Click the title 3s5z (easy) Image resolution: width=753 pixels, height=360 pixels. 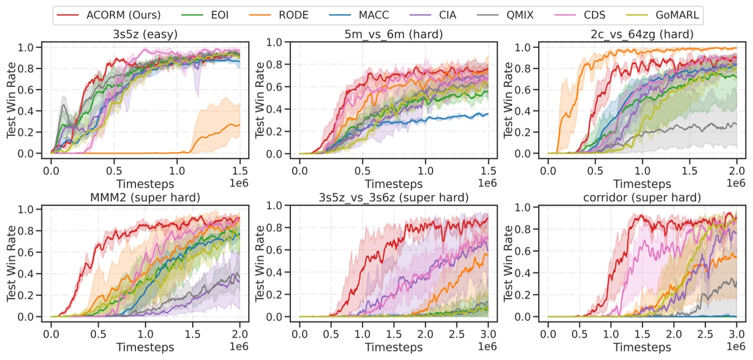pyautogui.click(x=145, y=34)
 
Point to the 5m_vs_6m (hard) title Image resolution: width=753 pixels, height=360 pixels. pyautogui.click(x=393, y=34)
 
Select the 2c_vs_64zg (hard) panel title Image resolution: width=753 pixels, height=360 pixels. pyautogui.click(x=642, y=34)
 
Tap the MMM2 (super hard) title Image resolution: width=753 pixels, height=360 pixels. pyautogui.click(x=145, y=197)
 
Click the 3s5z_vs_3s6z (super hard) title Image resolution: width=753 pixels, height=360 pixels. pyautogui.click(x=393, y=197)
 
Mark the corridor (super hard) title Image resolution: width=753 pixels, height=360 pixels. pyautogui.click(x=642, y=197)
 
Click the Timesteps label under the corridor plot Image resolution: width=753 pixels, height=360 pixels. pyautogui.click(x=642, y=347)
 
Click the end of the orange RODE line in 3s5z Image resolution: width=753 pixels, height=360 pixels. pyautogui.click(x=240, y=125)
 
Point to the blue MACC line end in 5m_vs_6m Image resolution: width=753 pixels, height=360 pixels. pyautogui.click(x=488, y=114)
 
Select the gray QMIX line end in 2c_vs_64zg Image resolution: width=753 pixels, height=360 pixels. pyautogui.click(x=736, y=124)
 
